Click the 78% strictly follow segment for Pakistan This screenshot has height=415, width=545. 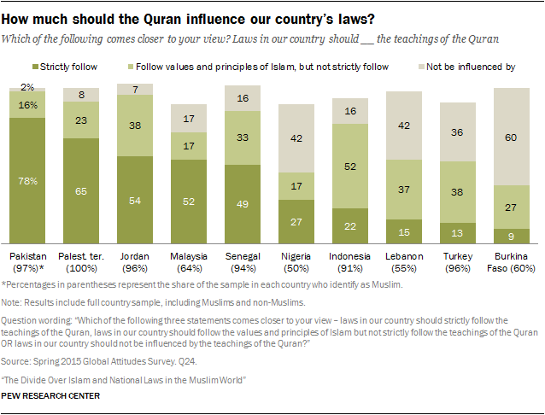tap(27, 178)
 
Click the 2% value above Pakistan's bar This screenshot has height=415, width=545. tap(27, 87)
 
